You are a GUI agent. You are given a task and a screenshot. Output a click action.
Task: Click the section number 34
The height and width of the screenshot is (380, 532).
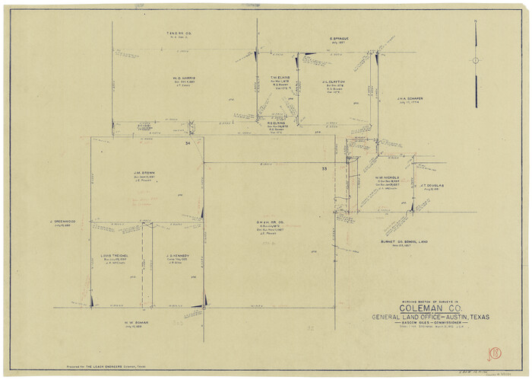[x=187, y=143]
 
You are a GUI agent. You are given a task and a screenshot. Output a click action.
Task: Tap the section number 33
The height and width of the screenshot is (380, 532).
[x=324, y=168]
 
